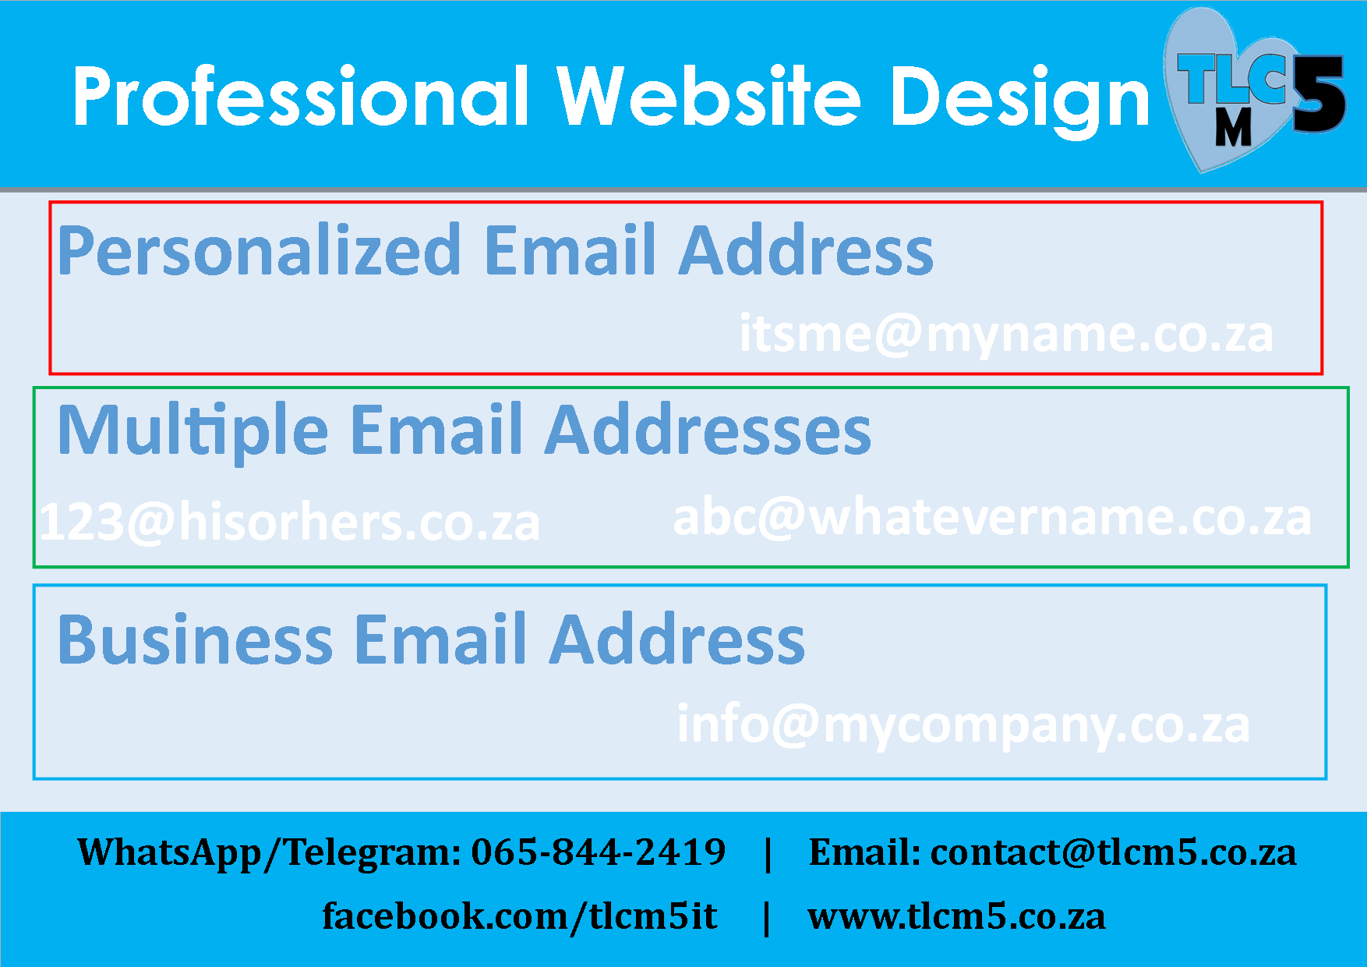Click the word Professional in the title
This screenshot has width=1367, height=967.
coord(301,96)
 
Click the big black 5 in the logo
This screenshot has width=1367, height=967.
coord(1319,94)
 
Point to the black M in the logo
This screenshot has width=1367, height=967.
coord(1233,127)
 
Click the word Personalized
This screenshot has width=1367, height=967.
coord(260,251)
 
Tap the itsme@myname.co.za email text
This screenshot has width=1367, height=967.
coord(1006,335)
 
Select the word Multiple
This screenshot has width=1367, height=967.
coord(193,432)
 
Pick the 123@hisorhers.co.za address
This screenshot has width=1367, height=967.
coord(289,522)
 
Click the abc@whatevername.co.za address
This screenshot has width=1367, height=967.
coord(992,516)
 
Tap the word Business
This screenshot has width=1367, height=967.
coord(196,639)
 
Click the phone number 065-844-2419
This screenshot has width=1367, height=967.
coord(599,852)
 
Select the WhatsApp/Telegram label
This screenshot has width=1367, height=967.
coord(270,853)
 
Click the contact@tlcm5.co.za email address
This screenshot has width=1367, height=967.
coord(1114,852)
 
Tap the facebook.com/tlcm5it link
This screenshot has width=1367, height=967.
coord(520,917)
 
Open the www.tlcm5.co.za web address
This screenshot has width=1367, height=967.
coord(956,917)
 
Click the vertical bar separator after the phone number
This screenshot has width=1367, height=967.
coord(768,854)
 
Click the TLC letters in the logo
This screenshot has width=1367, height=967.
coord(1231,79)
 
